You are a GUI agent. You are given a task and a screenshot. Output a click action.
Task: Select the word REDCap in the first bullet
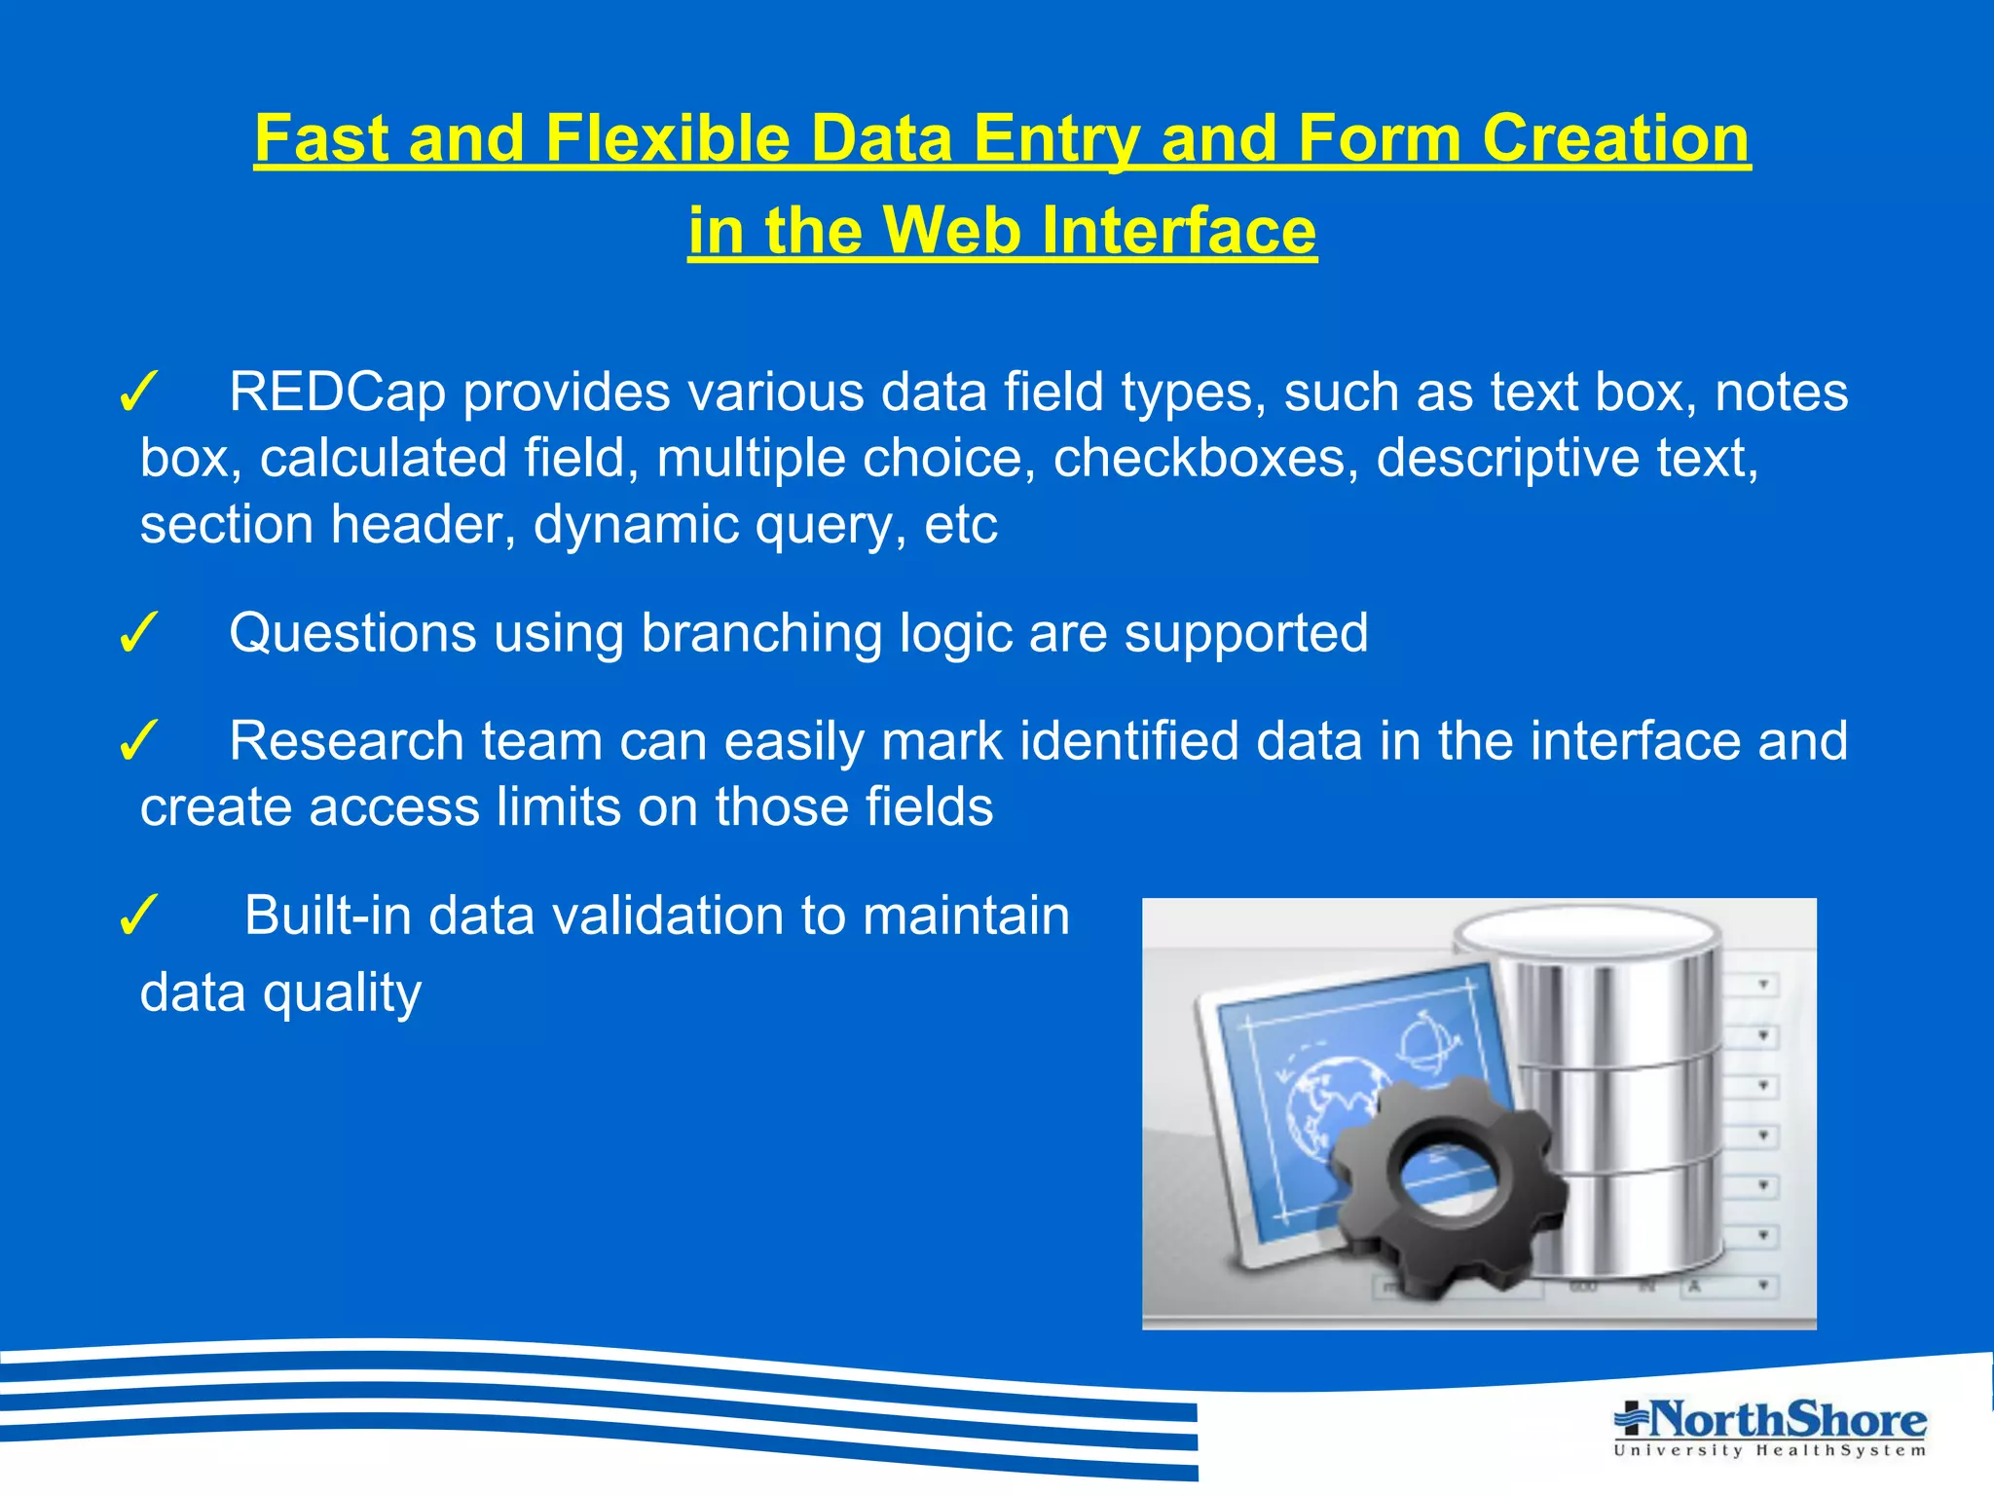tap(337, 392)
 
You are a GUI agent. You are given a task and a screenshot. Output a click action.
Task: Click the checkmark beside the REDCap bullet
tap(138, 393)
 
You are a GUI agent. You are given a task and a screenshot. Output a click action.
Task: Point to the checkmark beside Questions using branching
tap(138, 634)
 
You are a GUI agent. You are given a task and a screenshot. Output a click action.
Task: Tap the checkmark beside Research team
tap(138, 742)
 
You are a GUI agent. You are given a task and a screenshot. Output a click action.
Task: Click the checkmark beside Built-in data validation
tap(138, 916)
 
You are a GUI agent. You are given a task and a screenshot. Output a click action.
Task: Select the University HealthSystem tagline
tap(1769, 1451)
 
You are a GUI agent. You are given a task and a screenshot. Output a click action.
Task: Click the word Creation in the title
tap(1615, 138)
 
